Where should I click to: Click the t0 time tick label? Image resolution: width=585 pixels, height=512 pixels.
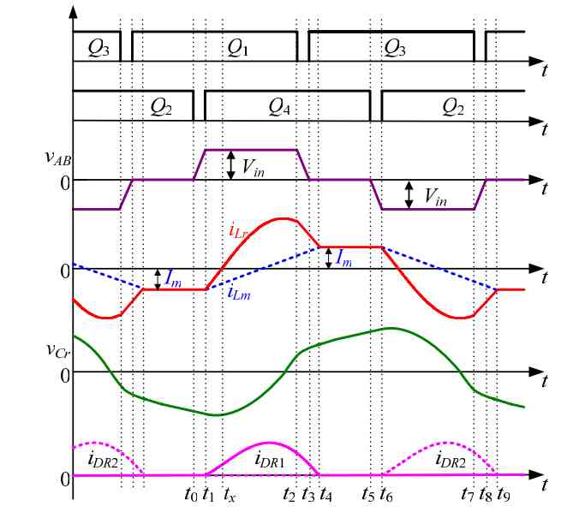(190, 494)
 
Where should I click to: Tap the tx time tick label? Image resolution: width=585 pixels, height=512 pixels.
(230, 494)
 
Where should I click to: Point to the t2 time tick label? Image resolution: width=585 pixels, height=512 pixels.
(290, 494)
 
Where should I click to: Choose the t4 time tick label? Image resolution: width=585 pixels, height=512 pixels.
(325, 494)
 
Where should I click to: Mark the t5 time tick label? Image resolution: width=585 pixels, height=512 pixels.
(368, 494)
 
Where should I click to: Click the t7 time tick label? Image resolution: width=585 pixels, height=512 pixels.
(467, 494)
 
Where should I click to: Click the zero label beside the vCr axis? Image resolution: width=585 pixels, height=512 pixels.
(64, 373)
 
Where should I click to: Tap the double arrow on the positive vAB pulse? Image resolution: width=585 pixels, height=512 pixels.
(230, 164)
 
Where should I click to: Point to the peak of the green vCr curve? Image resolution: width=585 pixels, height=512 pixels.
(391, 328)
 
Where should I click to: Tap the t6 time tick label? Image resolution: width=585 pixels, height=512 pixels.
(386, 494)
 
